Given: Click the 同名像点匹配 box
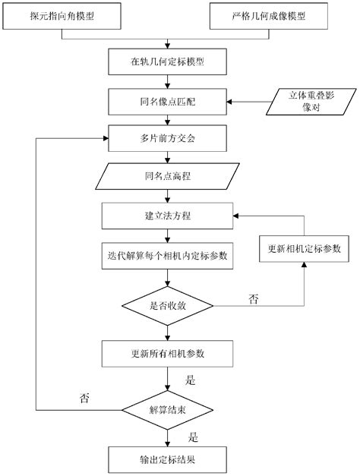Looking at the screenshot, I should [167, 100].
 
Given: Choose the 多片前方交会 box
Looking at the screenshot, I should [167, 140].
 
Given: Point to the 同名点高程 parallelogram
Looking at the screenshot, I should [167, 178].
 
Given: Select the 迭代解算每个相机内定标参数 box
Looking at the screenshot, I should [167, 256].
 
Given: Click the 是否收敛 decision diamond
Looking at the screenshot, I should [167, 306].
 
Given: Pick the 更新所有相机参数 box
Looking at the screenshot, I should [167, 353].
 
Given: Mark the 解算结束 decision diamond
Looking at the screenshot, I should [167, 411].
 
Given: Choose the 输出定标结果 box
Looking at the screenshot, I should [167, 459].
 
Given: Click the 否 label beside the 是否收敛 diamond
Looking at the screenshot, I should [253, 298].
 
